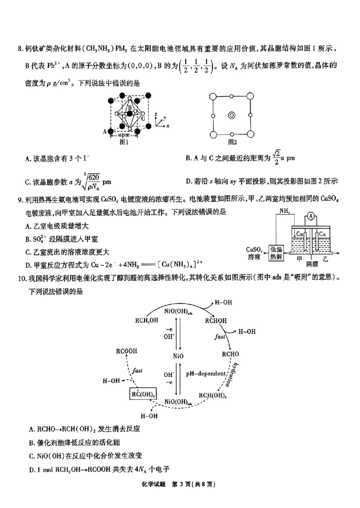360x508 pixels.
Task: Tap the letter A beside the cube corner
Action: click(105, 131)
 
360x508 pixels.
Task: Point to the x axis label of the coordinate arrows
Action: click(167, 127)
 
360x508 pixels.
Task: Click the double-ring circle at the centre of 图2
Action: click(231, 115)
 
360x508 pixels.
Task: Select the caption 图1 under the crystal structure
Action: click(124, 143)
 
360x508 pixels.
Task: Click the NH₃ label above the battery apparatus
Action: click(285, 211)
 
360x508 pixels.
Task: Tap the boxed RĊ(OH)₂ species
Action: click(144, 394)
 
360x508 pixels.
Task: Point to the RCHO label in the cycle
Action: click(230, 354)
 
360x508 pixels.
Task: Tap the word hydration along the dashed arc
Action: click(229, 374)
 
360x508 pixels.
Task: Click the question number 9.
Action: click(20, 198)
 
